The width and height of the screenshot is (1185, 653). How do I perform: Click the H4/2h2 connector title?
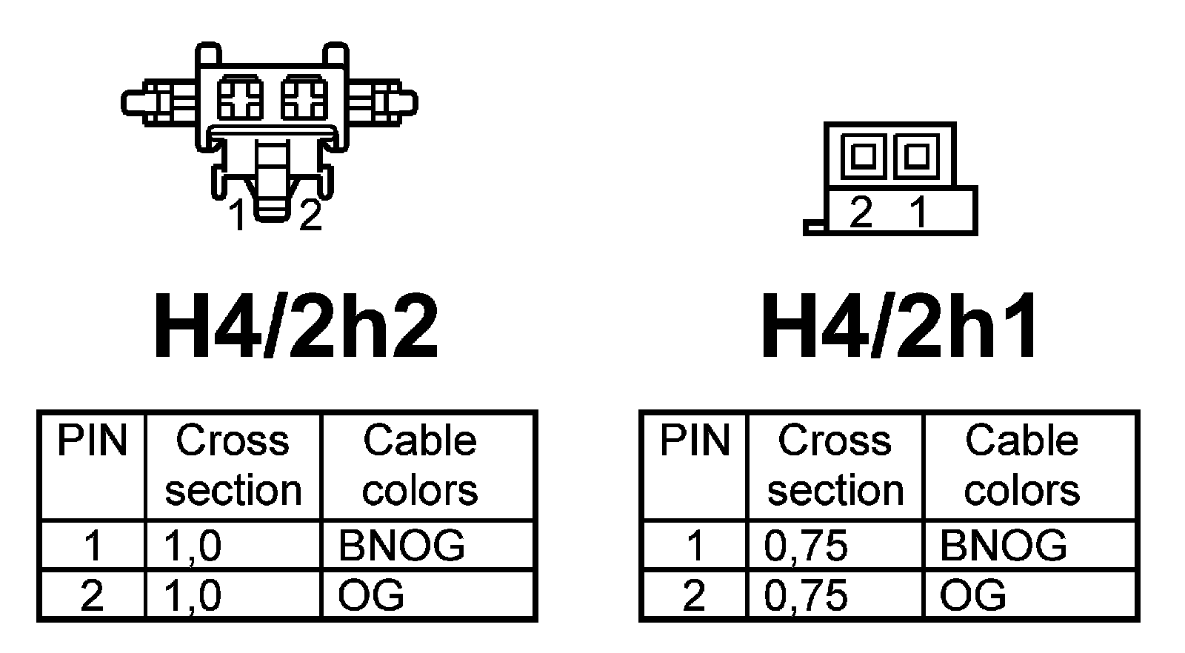296,326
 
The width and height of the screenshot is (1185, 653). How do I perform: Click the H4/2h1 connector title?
900,326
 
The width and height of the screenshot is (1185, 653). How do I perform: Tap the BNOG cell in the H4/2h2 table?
401,546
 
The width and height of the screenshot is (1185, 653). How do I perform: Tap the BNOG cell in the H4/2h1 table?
1004,546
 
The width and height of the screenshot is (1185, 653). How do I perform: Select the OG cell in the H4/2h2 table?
371,595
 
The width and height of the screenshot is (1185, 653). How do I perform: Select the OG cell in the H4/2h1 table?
972,595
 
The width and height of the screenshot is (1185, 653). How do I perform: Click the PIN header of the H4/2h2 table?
93,441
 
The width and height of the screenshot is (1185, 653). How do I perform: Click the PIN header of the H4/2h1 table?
695,441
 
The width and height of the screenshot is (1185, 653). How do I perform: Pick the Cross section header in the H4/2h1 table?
835,466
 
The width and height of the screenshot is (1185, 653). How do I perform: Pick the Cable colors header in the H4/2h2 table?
420,466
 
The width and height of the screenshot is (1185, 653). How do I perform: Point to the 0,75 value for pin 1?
806,546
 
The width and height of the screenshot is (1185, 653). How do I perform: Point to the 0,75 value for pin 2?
806,595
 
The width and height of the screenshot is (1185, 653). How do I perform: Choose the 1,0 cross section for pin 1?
193,546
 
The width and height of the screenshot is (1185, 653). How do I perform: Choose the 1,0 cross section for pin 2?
193,595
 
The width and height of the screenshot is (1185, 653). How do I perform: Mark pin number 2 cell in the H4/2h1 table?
694,595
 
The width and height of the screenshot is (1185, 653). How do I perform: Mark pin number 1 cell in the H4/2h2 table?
93,546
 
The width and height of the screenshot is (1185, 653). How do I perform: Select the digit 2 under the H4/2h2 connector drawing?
310,215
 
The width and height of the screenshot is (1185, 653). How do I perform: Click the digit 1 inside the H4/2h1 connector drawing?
918,212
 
